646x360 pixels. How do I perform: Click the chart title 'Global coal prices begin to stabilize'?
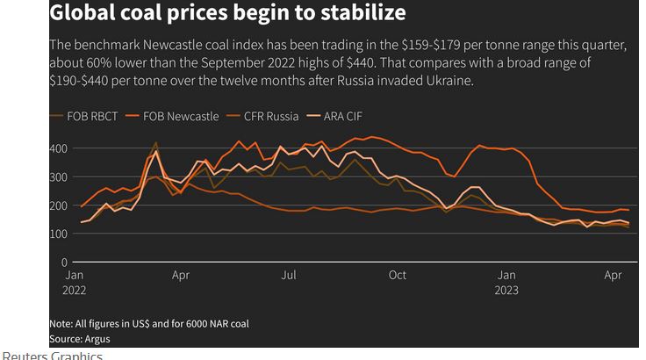click(x=227, y=13)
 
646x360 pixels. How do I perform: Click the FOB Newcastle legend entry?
click(x=179, y=117)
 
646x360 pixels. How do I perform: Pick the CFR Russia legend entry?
click(x=270, y=117)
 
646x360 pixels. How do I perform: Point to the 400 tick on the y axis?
click(x=58, y=148)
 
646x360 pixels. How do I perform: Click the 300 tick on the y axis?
click(x=58, y=177)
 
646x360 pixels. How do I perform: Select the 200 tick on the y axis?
click(x=58, y=205)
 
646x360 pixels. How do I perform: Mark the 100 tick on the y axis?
click(x=58, y=234)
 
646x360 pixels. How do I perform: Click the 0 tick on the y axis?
click(x=63, y=262)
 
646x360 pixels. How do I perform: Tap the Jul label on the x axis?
click(x=289, y=276)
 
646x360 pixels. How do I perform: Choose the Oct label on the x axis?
click(x=398, y=276)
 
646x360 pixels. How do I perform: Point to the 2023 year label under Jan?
click(x=506, y=291)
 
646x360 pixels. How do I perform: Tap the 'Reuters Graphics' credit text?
click(x=53, y=356)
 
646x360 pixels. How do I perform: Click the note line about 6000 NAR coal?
click(x=149, y=323)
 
